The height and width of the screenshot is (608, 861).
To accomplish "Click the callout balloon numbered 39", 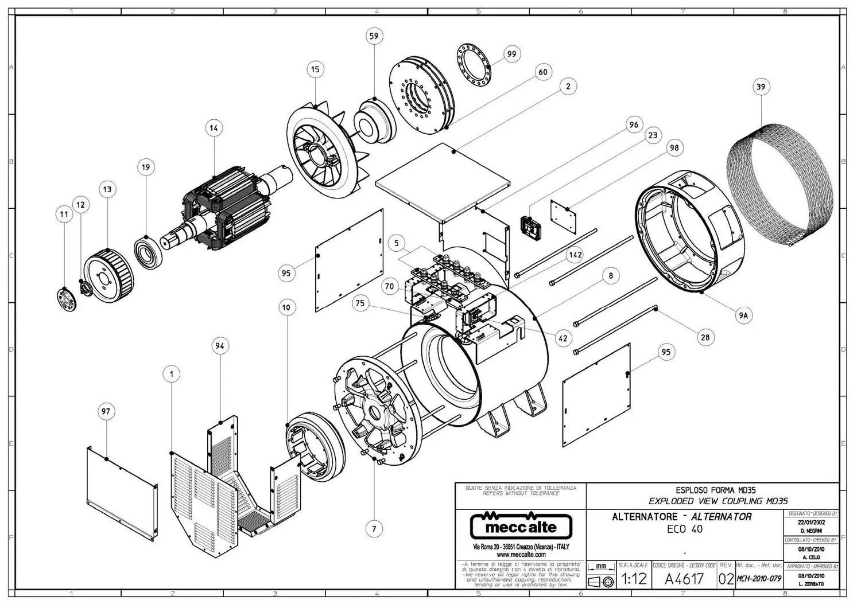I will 761,87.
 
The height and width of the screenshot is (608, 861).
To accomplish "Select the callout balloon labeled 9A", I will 744,315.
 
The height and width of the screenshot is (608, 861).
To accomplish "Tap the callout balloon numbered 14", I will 214,128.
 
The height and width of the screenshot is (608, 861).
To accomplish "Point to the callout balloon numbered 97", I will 106,411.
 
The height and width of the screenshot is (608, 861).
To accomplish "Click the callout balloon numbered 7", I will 374,528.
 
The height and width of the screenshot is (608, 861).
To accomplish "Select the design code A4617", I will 684,579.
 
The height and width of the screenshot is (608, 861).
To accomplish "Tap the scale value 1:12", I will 634,579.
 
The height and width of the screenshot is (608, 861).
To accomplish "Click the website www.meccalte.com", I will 521,555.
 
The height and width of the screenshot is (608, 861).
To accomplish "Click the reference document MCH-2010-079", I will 758,579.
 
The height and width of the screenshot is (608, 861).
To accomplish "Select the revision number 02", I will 726,579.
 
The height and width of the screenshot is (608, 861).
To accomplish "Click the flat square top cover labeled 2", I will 443,182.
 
